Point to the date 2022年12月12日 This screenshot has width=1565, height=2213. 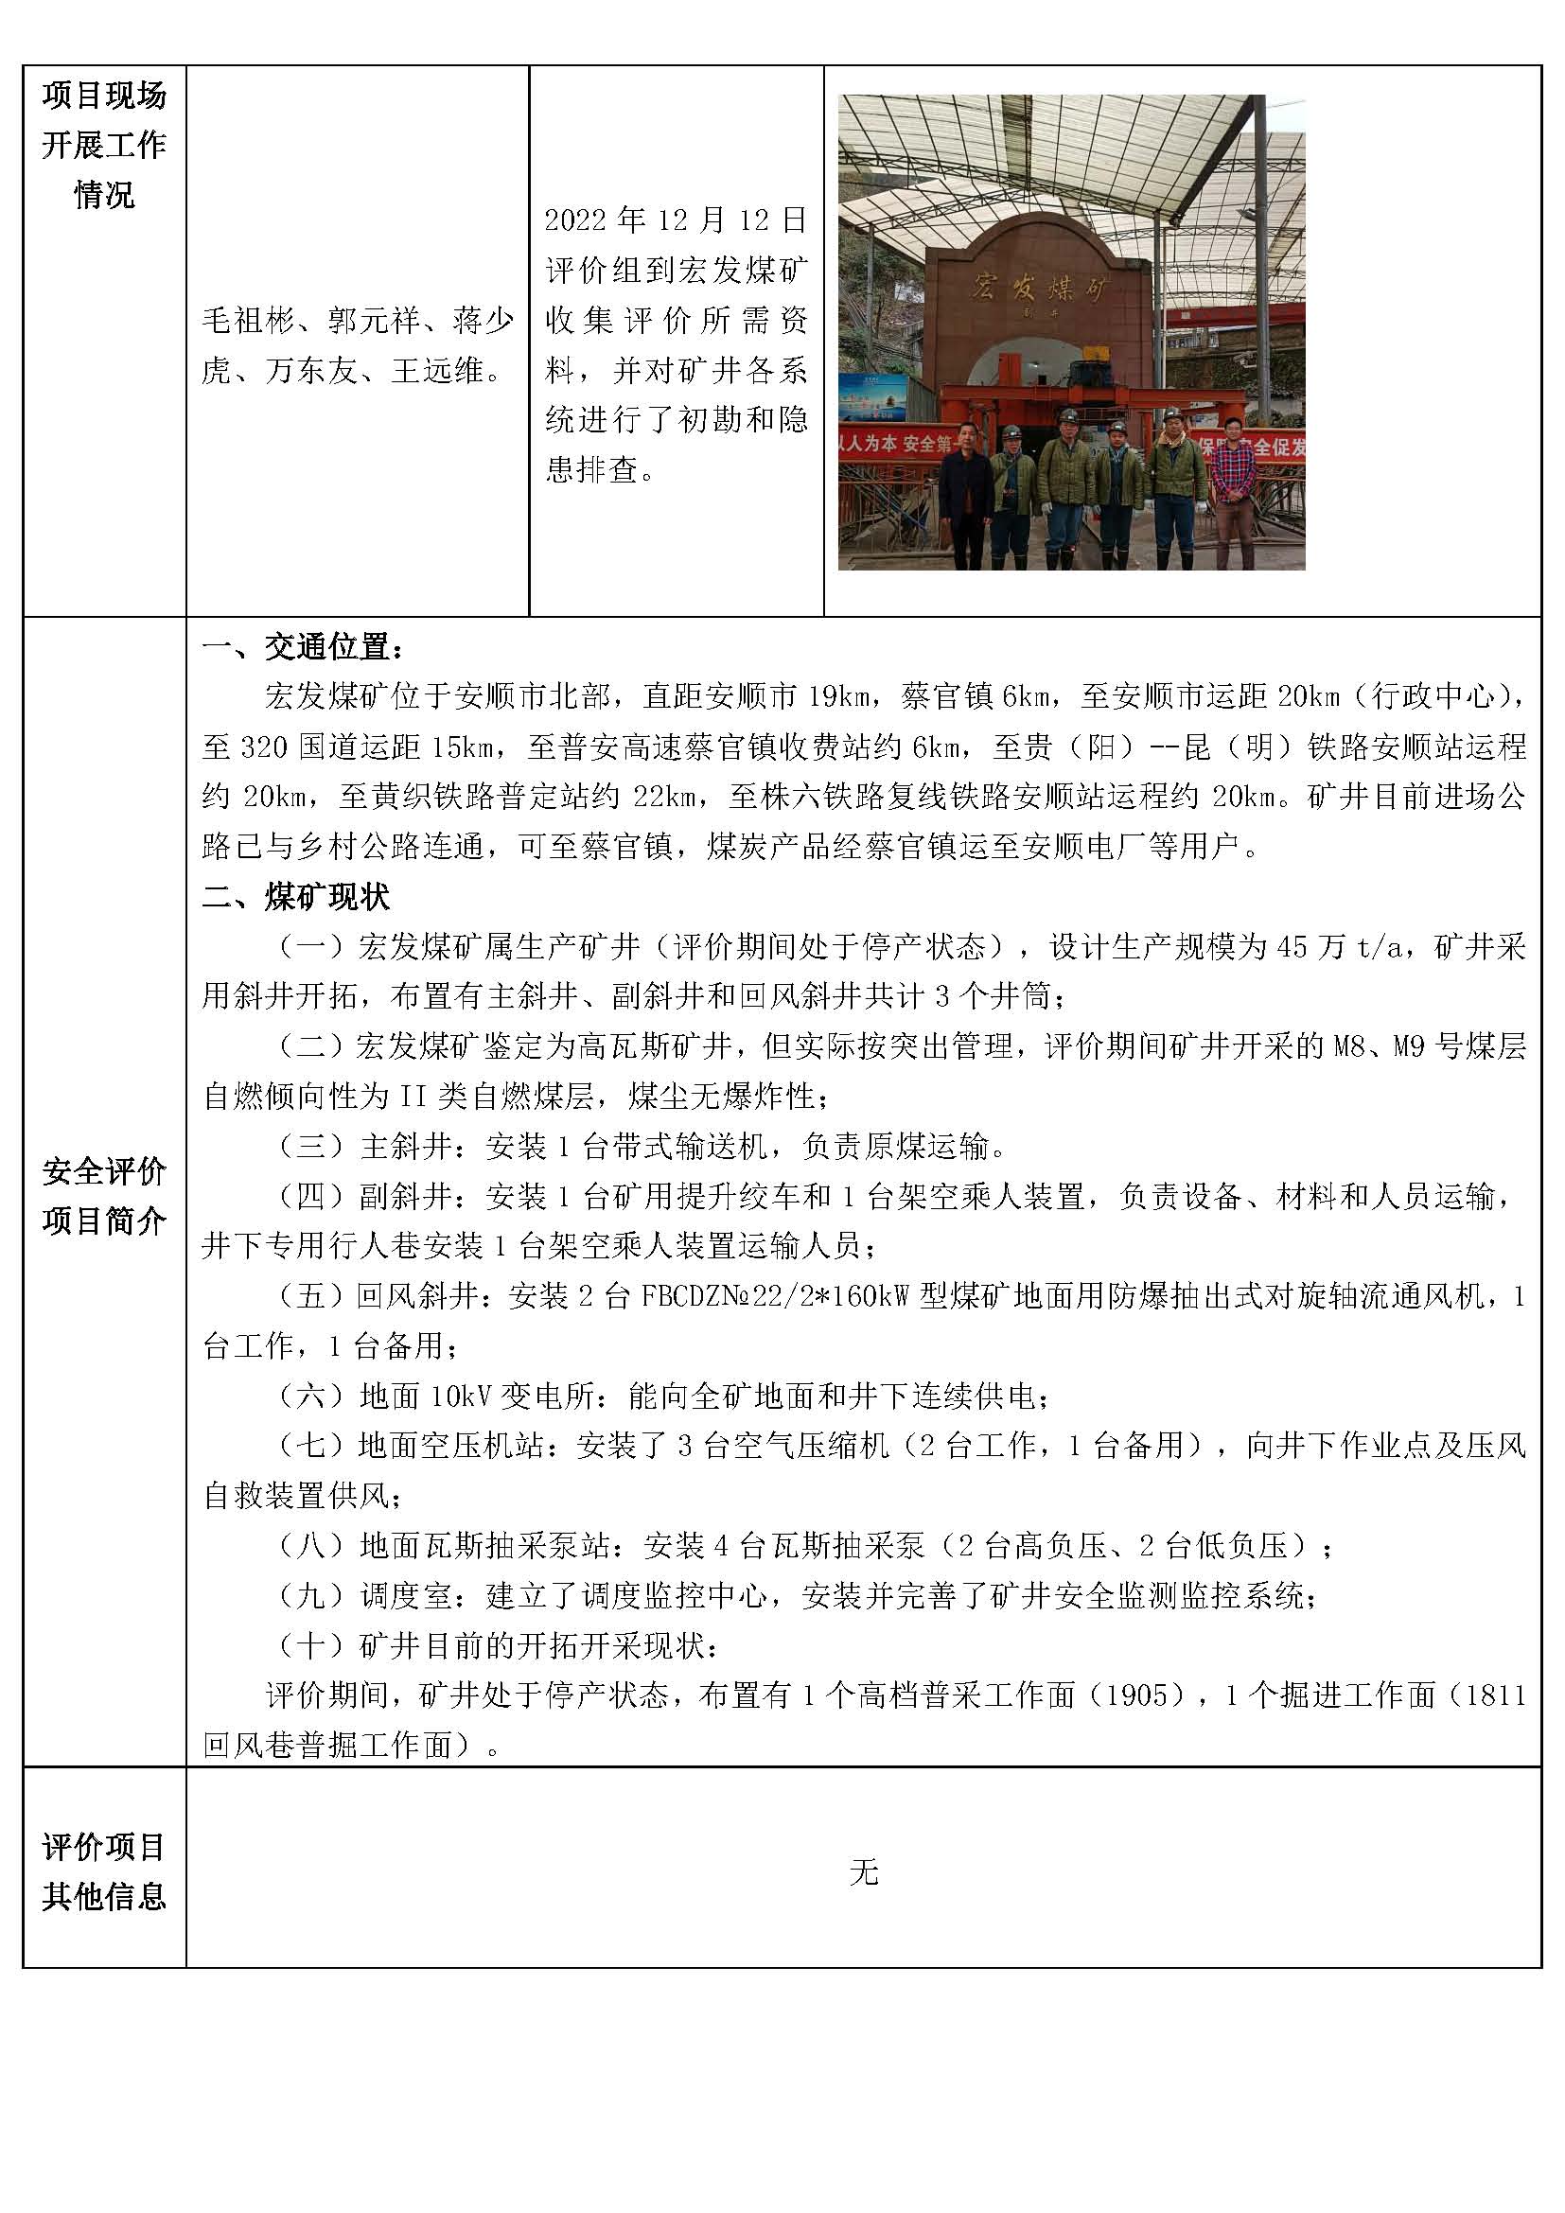click(x=676, y=220)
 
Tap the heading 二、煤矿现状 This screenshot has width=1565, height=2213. click(x=296, y=897)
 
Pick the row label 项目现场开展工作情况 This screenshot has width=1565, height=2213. click(x=104, y=145)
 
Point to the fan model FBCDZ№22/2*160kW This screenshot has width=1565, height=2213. click(x=770, y=1296)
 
